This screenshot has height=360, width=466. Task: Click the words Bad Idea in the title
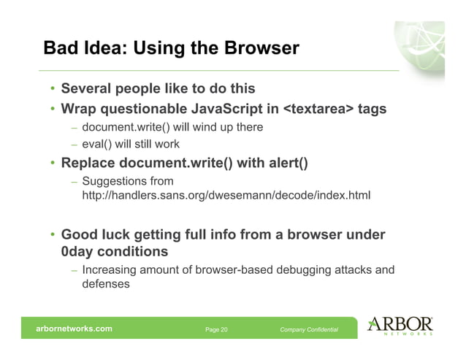coord(80,49)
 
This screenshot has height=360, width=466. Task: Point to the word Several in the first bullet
coord(86,89)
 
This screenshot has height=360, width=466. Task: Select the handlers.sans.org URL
coord(226,196)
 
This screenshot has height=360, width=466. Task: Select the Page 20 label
coord(216,330)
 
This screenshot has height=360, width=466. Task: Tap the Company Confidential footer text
coord(309,330)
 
